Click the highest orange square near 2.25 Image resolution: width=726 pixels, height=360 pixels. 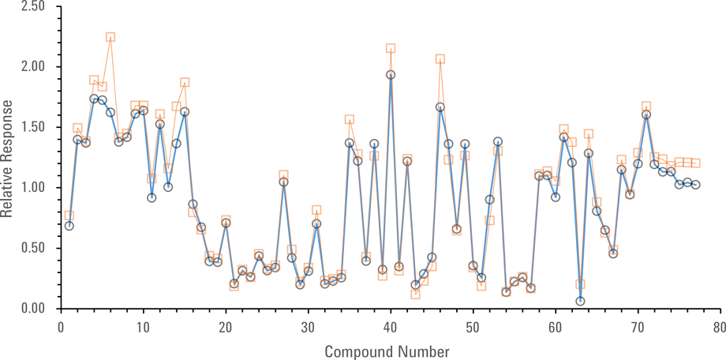tap(110, 37)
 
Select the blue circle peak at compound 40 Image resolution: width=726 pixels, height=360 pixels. tap(391, 75)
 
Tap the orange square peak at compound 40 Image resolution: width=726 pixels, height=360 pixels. tap(391, 48)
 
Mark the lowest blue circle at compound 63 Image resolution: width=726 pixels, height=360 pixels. tap(580, 301)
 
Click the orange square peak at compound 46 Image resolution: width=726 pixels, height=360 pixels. tap(440, 58)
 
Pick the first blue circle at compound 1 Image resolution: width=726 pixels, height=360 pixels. tap(69, 226)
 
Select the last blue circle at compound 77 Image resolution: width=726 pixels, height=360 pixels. tap(695, 185)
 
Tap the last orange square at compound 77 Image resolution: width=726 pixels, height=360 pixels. tap(695, 163)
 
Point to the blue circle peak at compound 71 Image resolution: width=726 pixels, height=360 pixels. tap(646, 114)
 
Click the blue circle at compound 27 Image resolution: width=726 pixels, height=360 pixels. tap(283, 182)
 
